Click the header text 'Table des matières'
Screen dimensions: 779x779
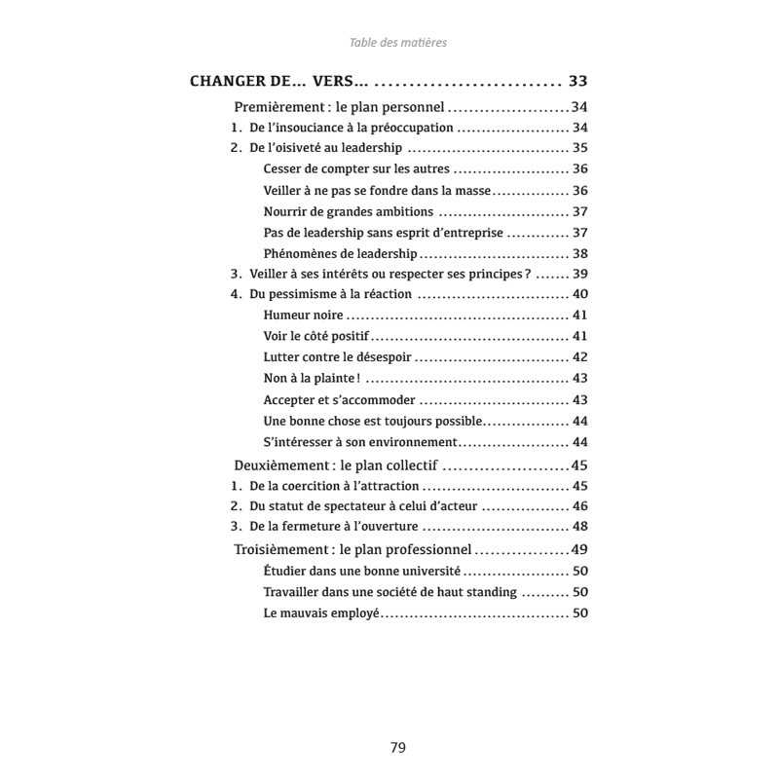click(398, 43)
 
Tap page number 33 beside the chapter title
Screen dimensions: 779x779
click(578, 82)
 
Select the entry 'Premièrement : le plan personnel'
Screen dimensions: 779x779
click(340, 107)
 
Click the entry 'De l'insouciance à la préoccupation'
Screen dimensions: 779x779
click(352, 128)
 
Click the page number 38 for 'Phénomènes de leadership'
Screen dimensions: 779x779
click(580, 253)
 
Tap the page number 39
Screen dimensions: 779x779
click(580, 274)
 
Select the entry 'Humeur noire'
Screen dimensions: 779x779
click(304, 315)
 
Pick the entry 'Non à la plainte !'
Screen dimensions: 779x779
click(312, 379)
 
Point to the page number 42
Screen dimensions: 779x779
click(580, 357)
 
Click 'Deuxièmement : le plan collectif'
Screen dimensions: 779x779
click(337, 465)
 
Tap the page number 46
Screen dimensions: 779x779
click(580, 506)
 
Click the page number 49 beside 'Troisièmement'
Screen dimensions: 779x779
click(580, 549)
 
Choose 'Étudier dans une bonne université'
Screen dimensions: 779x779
click(362, 571)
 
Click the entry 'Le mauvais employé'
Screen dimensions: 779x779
click(321, 613)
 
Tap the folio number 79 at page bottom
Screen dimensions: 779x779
click(397, 748)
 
